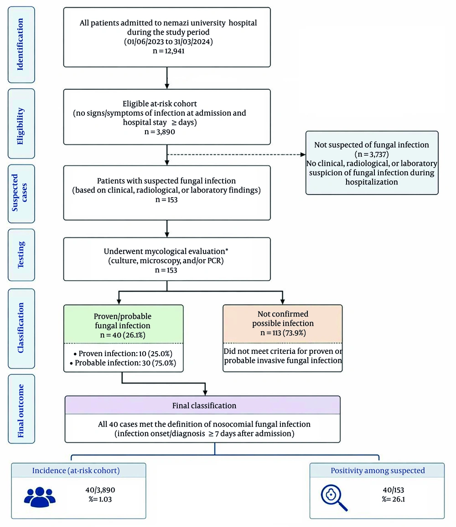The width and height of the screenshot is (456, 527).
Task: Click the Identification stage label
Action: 21,44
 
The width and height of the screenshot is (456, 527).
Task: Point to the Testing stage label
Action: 21,255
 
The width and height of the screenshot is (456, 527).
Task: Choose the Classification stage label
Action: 21,328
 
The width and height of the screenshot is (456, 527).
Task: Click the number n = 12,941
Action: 168,51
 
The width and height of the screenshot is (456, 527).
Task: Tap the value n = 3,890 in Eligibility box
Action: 160,132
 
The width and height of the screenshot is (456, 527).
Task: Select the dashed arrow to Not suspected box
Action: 236,154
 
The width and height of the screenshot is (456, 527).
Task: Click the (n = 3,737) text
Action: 372,154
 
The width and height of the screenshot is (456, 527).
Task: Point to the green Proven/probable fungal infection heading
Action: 123,325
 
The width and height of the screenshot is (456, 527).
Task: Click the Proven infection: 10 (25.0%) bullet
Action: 123,353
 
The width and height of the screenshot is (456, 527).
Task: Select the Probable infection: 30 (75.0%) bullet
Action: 123,363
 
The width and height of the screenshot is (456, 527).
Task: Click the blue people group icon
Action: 40,497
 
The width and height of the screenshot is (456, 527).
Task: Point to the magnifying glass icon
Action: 334,497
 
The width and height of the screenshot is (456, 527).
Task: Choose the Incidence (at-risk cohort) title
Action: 76,471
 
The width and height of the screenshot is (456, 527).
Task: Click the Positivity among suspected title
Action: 378,471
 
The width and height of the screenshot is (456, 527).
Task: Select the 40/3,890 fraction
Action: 100,490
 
